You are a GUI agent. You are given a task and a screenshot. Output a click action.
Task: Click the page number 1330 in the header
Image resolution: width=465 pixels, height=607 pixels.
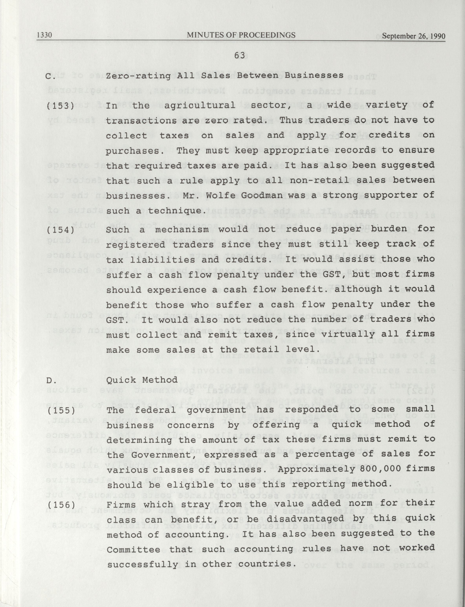45,35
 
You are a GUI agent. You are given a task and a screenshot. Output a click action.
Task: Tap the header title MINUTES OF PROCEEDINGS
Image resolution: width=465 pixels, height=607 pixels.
241,35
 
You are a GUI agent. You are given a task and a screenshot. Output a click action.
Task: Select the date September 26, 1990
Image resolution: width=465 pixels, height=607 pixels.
414,36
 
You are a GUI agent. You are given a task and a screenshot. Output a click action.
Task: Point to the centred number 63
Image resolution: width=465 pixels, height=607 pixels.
240,56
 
